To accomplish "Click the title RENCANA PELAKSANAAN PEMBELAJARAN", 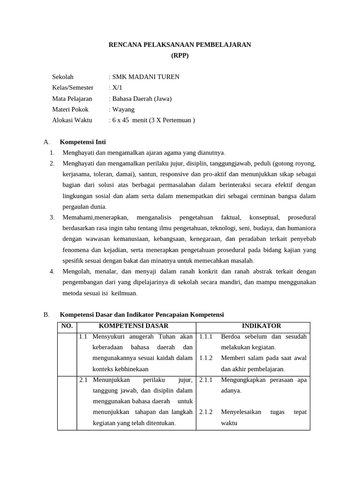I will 180,45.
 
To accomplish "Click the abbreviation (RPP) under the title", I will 180,55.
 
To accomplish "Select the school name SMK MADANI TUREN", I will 145,77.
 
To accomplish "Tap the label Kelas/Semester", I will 73,88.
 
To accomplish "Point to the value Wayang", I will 123,109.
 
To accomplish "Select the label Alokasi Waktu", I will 72,120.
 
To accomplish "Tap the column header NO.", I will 67,326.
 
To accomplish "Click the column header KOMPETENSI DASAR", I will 134,326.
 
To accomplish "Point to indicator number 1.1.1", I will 206,337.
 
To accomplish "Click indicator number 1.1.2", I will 206,358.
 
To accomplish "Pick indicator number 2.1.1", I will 206,380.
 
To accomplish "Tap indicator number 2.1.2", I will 206,412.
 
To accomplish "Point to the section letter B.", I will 46,315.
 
